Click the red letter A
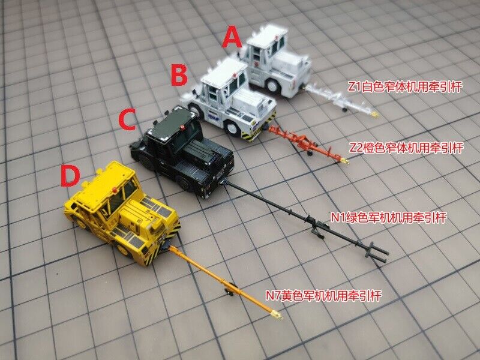click(x=232, y=37)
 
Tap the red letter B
click(x=179, y=76)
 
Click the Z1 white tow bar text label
click(x=404, y=86)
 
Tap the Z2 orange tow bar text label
click(x=406, y=148)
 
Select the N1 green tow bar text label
click(x=389, y=218)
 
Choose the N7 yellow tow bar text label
click(x=323, y=296)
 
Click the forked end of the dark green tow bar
click(x=376, y=252)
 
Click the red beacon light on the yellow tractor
click(x=115, y=190)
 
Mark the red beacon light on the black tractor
click(x=183, y=127)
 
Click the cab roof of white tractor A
click(x=267, y=35)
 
